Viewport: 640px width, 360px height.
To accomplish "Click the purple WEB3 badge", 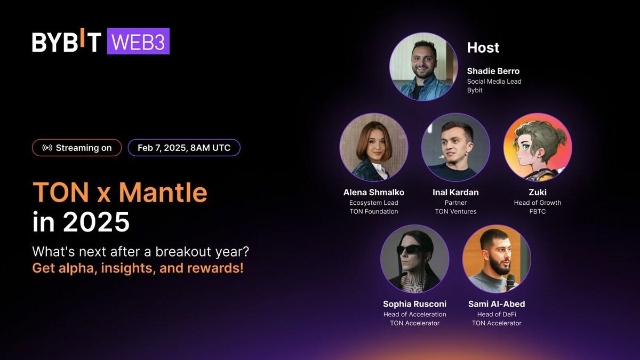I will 138,42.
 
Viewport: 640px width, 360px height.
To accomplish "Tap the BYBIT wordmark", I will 67,42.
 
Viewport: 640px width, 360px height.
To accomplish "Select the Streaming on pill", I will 77,148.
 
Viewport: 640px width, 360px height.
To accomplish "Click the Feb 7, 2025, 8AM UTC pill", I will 184,148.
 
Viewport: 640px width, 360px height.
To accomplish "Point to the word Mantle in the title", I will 163,193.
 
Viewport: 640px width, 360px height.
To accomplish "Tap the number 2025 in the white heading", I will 97,222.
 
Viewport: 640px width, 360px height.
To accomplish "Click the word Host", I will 483,47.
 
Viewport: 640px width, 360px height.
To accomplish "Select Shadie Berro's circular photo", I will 423,67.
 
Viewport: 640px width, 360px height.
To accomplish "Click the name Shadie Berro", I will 493,71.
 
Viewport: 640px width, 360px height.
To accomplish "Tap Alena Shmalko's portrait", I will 373,147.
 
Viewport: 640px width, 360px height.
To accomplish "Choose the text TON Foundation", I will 373,211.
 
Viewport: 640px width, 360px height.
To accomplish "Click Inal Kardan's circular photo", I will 455,147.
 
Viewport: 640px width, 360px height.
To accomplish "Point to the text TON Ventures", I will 455,211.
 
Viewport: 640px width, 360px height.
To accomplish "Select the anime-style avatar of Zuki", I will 537,147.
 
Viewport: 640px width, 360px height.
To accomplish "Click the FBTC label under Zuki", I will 537,211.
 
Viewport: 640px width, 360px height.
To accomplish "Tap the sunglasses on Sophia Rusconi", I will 411,249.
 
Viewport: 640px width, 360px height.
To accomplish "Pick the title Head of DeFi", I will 497,314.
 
